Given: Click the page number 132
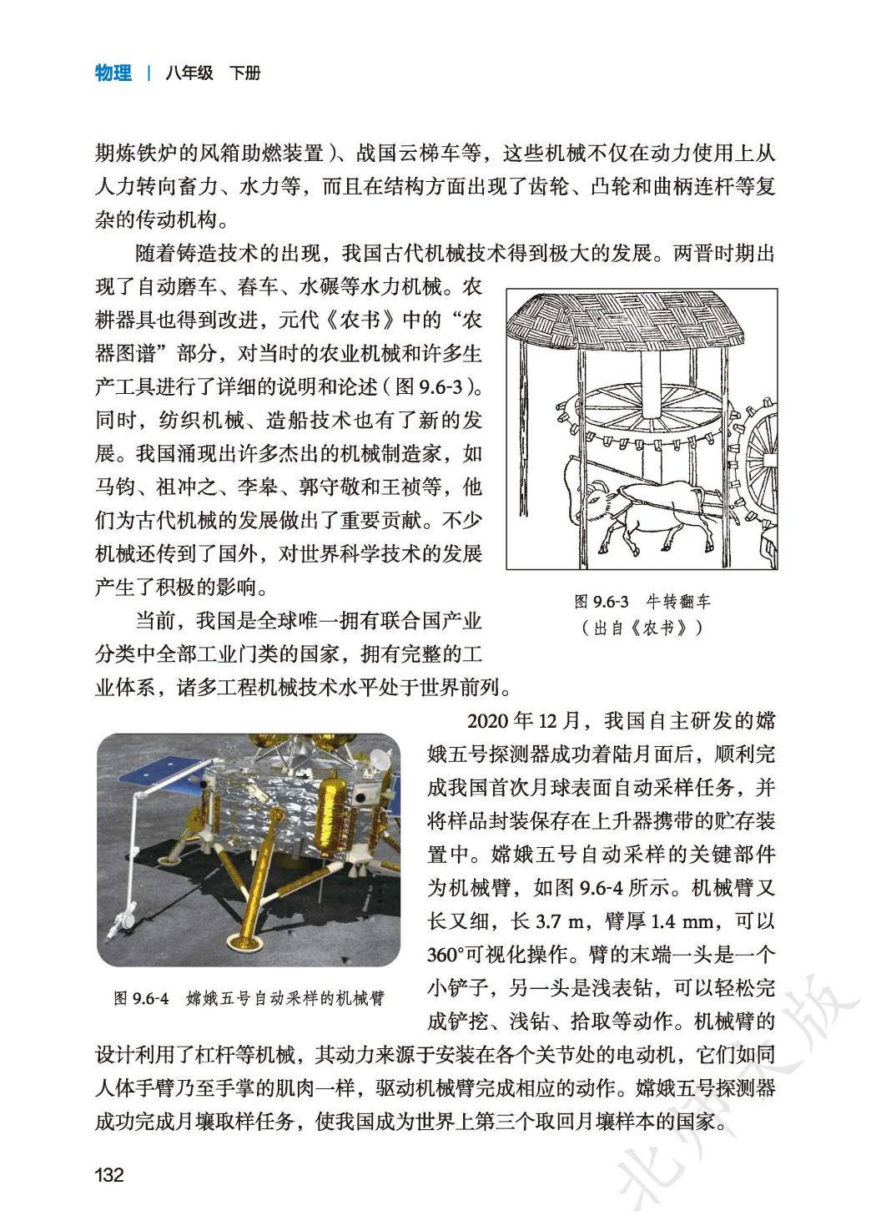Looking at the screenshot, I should [109, 1176].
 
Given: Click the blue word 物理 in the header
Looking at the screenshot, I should [113, 73].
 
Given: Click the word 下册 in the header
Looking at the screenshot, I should [244, 73].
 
